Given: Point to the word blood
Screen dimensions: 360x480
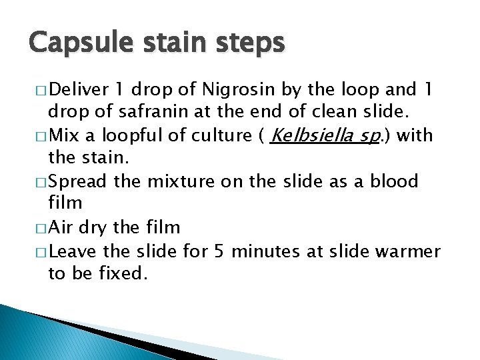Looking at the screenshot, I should pyautogui.click(x=393, y=181).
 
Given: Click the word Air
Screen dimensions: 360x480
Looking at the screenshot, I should pyautogui.click(x=61, y=227).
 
